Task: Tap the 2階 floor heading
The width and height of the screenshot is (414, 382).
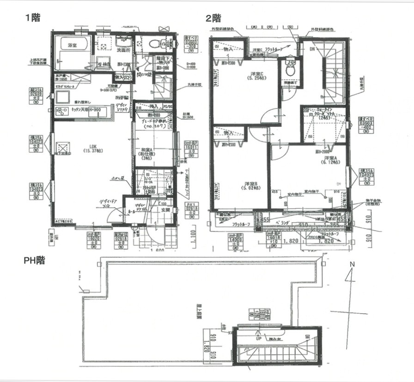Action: coord(213,18)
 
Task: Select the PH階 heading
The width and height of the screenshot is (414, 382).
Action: coord(35,260)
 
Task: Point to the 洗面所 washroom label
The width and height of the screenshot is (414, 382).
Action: coord(122,50)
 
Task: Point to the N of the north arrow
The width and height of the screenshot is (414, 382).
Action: coord(352,264)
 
